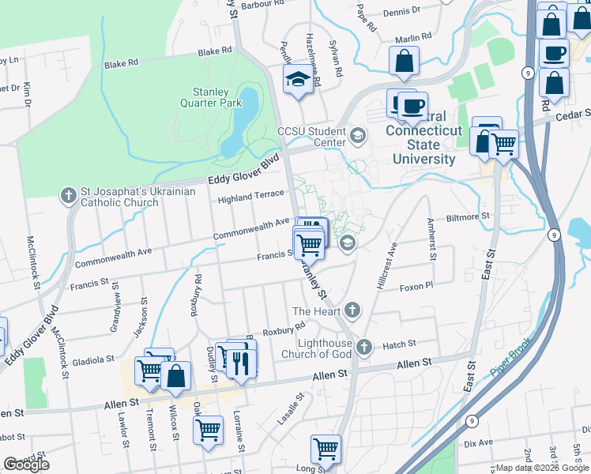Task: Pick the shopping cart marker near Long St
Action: [x=326, y=450]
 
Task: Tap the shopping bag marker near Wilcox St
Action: [x=176, y=377]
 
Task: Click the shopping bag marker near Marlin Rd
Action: [x=405, y=61]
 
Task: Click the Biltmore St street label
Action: [x=468, y=215]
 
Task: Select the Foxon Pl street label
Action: [x=416, y=287]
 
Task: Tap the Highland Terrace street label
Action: [x=250, y=196]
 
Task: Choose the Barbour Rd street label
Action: [x=262, y=4]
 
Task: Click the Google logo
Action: [x=27, y=464]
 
